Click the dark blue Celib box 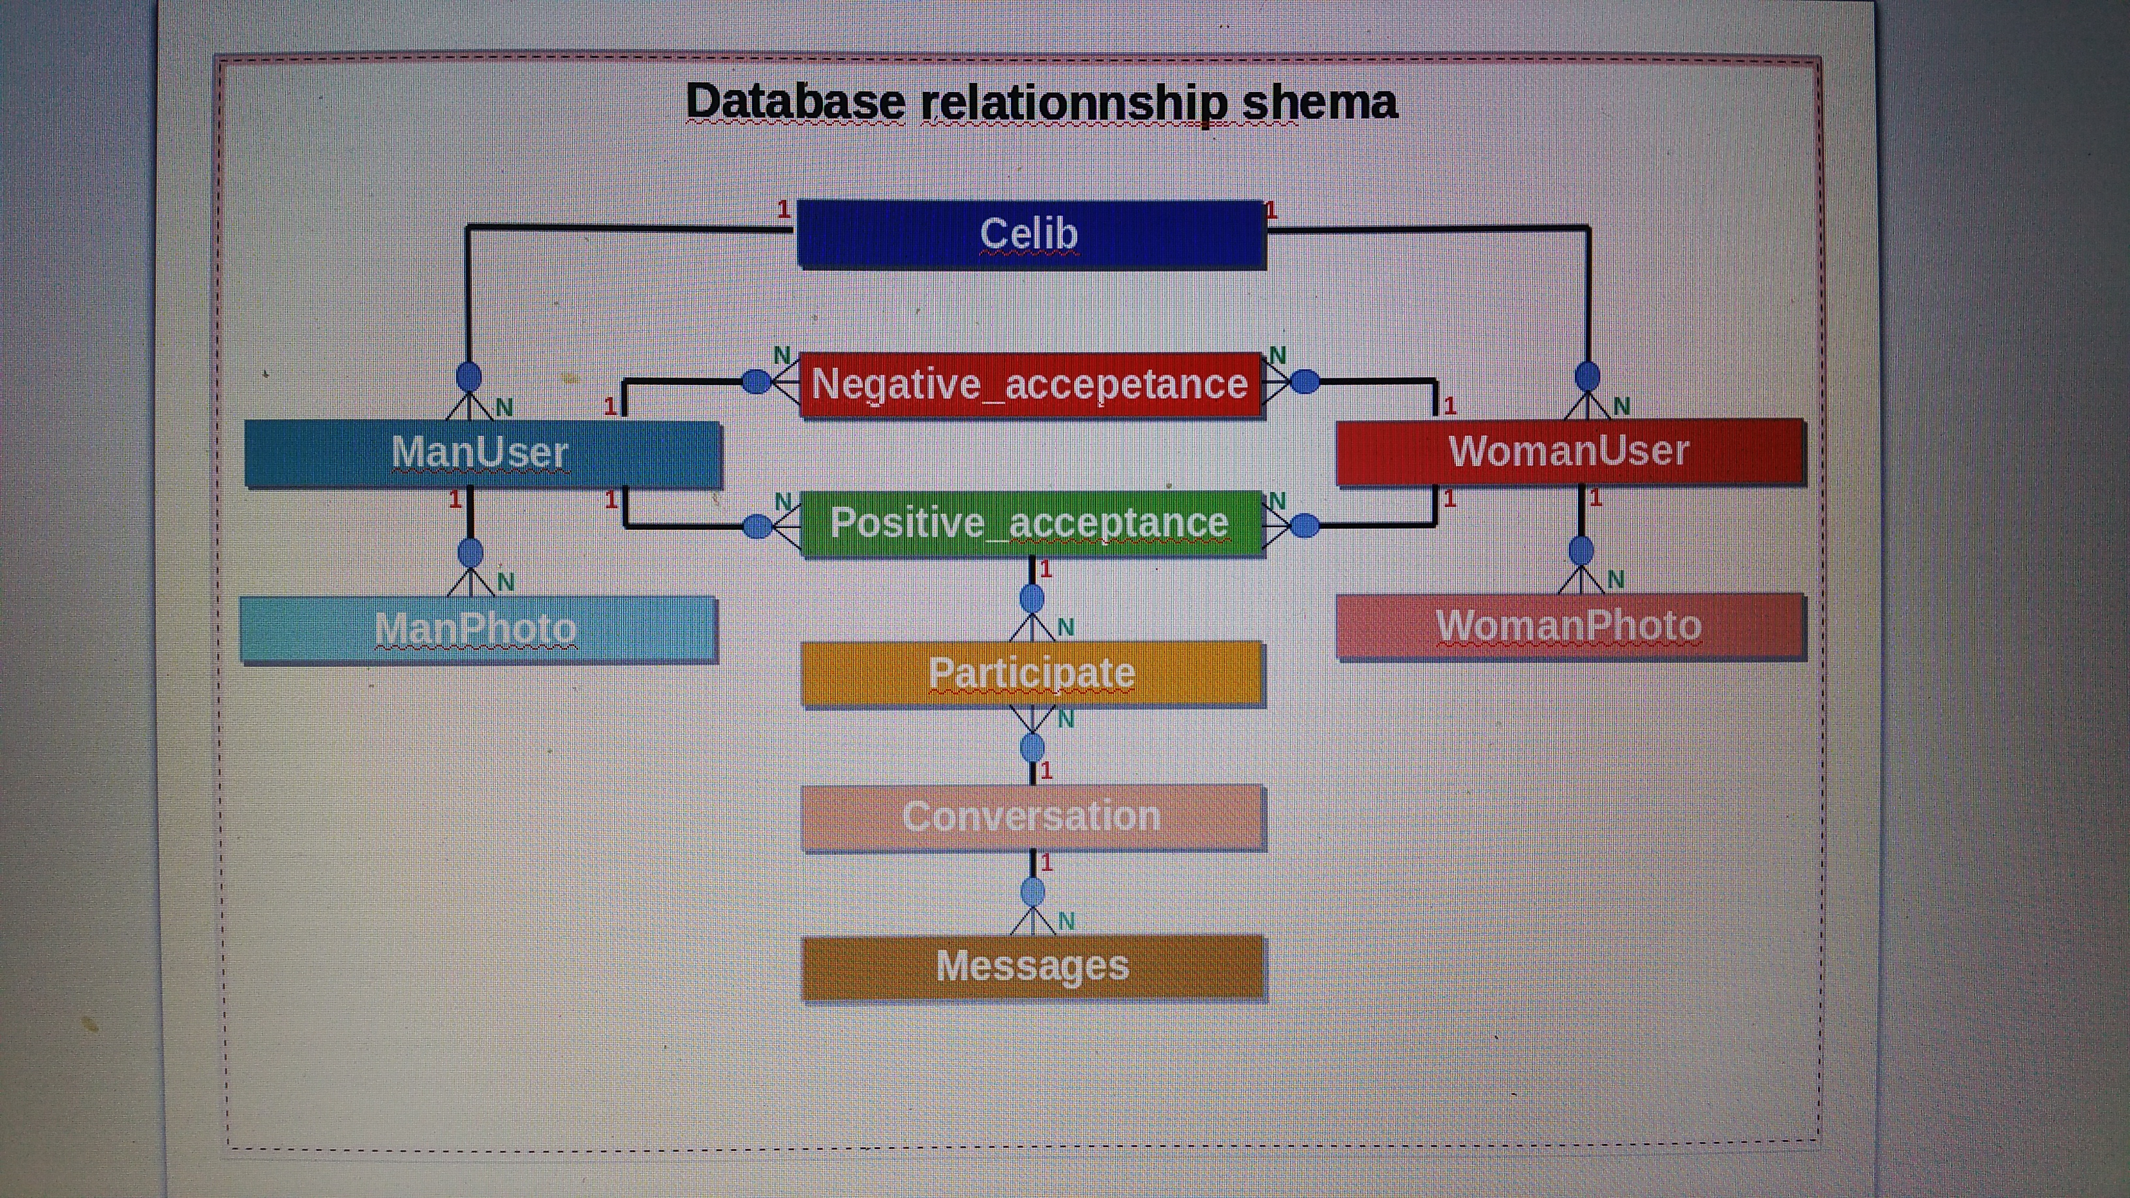pyautogui.click(x=1030, y=234)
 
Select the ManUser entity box pyautogui.click(x=482, y=453)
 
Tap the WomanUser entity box pyautogui.click(x=1569, y=452)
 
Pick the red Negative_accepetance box pyautogui.click(x=1030, y=384)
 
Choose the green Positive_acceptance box pyautogui.click(x=1030, y=523)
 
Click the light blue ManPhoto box pyautogui.click(x=477, y=629)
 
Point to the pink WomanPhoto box pyautogui.click(x=1569, y=626)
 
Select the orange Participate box pyautogui.click(x=1032, y=673)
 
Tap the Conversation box pyautogui.click(x=1032, y=818)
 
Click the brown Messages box pyautogui.click(x=1032, y=966)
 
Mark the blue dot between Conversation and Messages pyautogui.click(x=1033, y=892)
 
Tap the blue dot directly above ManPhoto pyautogui.click(x=471, y=552)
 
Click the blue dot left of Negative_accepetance pyautogui.click(x=756, y=381)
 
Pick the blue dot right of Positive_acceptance pyautogui.click(x=1304, y=525)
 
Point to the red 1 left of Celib pyautogui.click(x=783, y=210)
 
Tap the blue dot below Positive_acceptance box pyautogui.click(x=1032, y=598)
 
